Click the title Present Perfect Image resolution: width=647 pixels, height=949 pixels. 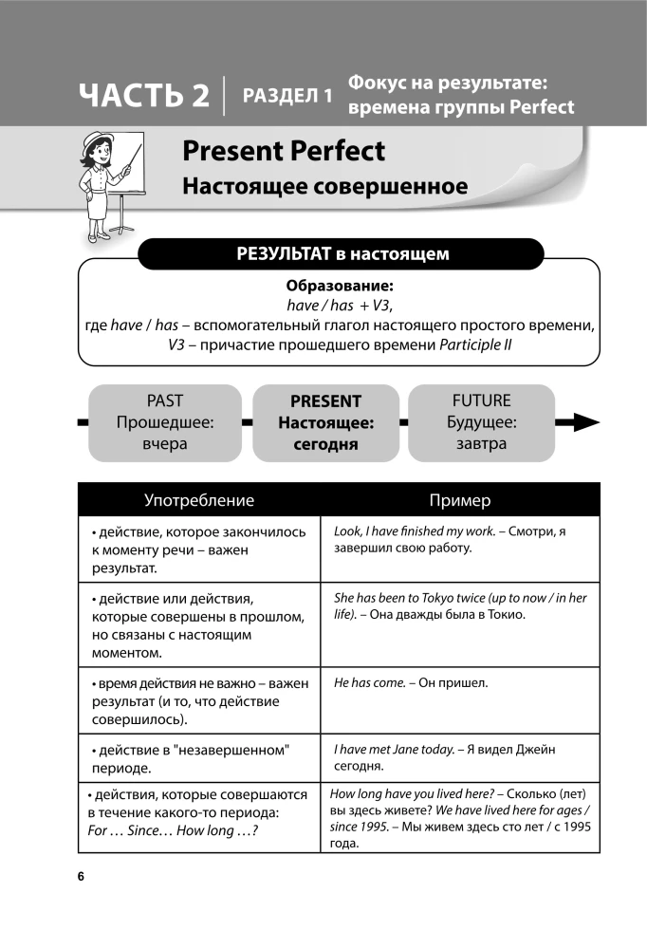pos(284,151)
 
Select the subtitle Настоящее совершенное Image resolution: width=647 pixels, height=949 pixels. pos(324,186)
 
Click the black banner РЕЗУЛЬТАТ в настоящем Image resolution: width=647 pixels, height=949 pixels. pos(342,254)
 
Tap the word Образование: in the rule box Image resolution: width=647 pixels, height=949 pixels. pos(339,286)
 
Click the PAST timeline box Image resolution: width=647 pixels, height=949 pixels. pos(165,422)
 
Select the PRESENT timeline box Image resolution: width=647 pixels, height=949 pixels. pos(325,422)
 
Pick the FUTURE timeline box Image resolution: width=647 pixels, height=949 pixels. pos(481,422)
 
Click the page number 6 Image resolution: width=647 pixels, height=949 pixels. pos(81,876)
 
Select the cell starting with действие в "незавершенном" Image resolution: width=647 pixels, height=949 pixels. pos(199,758)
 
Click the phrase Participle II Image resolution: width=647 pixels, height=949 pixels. pos(475,344)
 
